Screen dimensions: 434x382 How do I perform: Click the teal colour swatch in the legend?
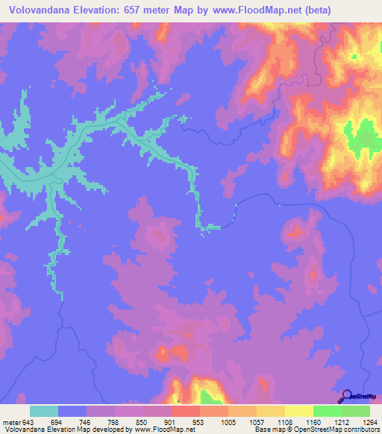coord(44,411)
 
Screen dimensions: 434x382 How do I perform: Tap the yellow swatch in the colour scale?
coord(299,411)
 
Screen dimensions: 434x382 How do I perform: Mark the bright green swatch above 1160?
coord(328,411)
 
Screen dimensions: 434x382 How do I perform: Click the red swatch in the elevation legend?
coord(186,411)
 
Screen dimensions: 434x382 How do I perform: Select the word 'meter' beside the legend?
coord(11,422)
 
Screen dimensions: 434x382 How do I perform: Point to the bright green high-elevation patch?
coord(363,138)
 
